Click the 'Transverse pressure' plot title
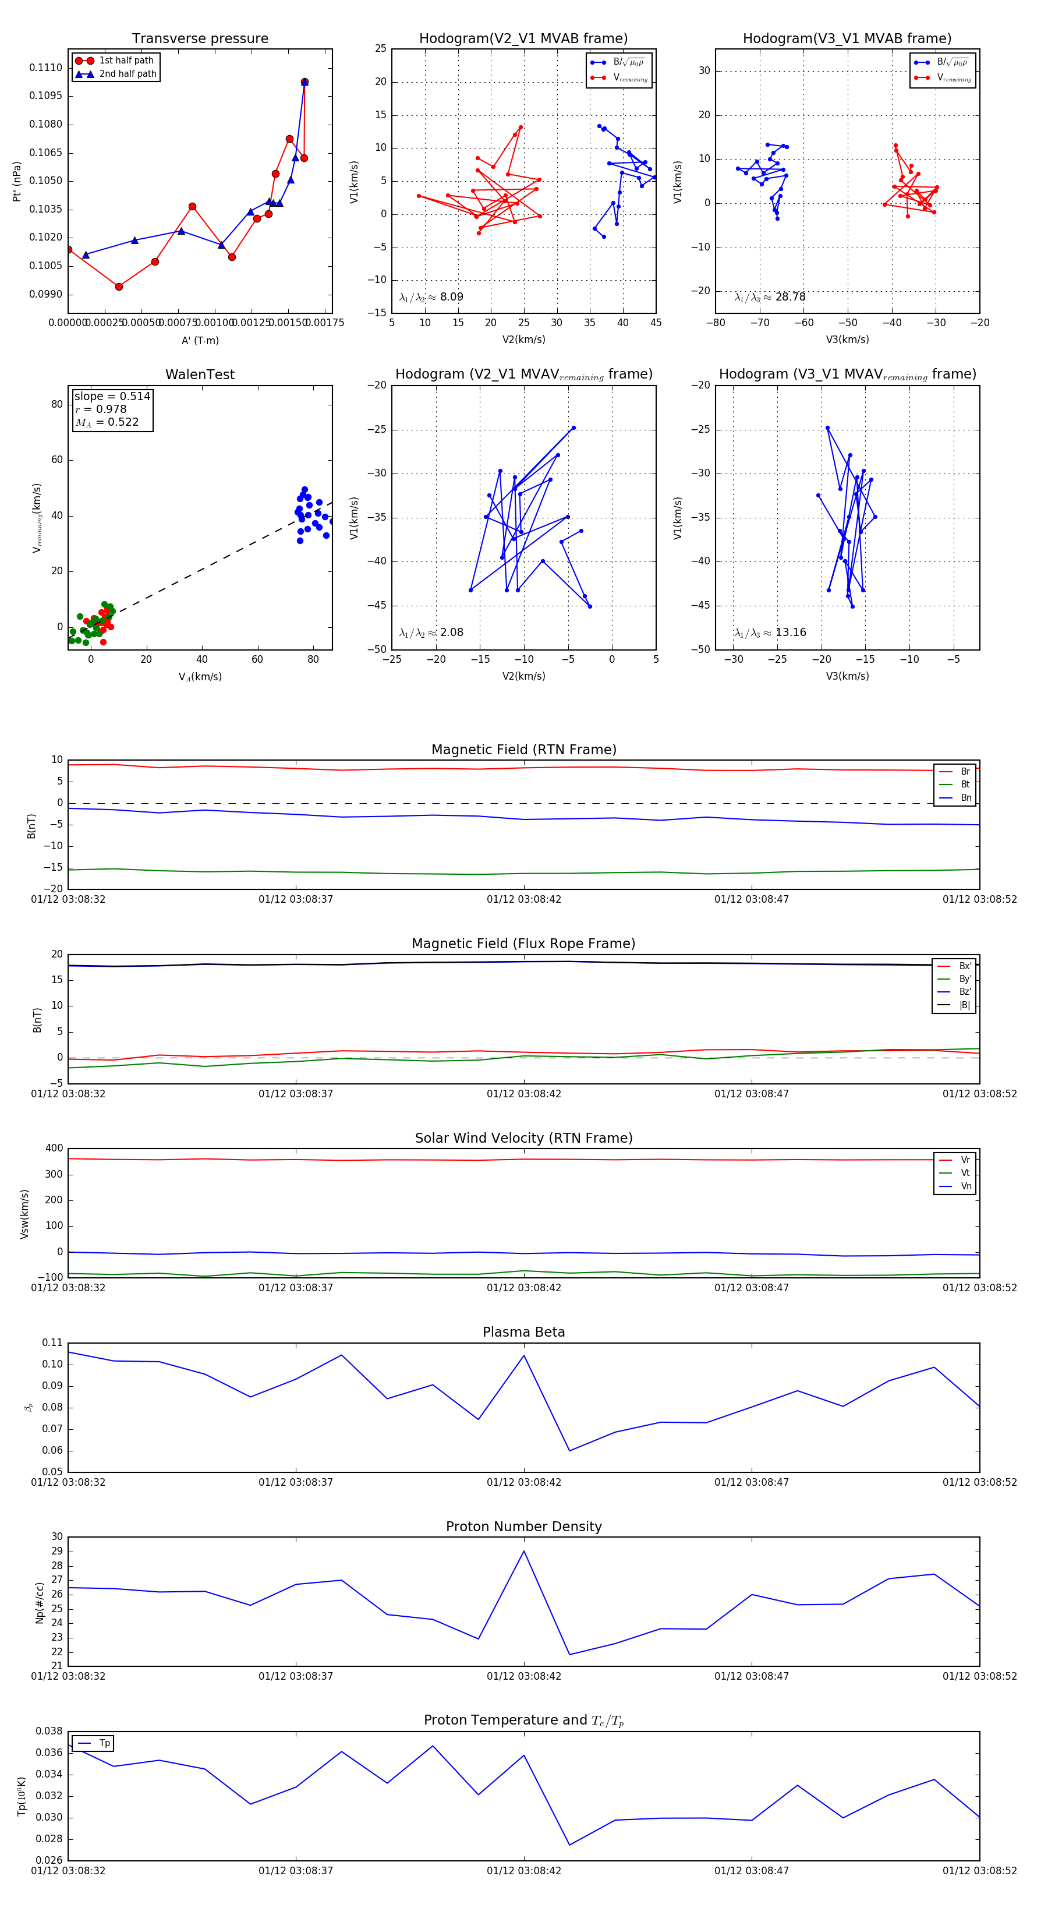click(x=200, y=39)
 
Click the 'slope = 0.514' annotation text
click(x=112, y=396)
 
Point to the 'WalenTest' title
click(x=200, y=374)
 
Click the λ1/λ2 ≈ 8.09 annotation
click(x=431, y=297)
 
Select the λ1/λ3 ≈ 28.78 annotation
click(x=770, y=297)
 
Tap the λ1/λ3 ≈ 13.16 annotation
click(x=770, y=633)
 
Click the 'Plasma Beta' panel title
click(x=523, y=1332)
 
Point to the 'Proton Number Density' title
click(x=523, y=1527)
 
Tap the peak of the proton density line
click(x=523, y=1551)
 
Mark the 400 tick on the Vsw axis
click(x=54, y=1149)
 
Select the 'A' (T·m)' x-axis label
click(x=200, y=340)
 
